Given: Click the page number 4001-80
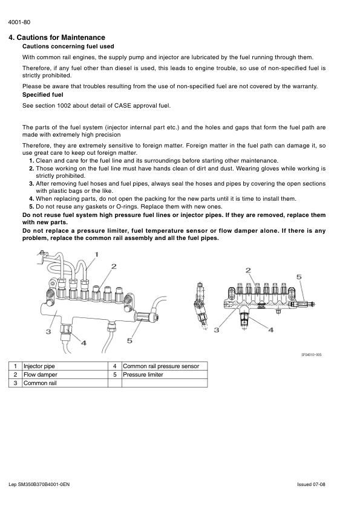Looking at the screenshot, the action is click(19, 22).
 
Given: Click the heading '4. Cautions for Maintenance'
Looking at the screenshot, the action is click(57, 37).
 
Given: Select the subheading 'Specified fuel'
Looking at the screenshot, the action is click(43, 95).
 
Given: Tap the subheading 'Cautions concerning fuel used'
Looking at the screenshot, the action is click(68, 47).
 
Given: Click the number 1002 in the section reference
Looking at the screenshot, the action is click(64, 106).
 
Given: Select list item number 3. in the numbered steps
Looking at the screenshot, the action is click(31, 184).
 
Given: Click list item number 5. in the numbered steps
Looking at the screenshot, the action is click(31, 207).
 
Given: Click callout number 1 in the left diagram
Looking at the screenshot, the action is click(96, 254).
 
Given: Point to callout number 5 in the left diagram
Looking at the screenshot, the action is click(129, 340).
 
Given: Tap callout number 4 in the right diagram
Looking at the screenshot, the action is click(270, 330).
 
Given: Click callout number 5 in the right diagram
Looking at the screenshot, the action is click(299, 277).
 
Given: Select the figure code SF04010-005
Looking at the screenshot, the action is click(311, 355).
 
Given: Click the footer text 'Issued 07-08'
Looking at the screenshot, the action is click(311, 485).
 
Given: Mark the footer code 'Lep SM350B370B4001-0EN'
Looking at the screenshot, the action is click(39, 485).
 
